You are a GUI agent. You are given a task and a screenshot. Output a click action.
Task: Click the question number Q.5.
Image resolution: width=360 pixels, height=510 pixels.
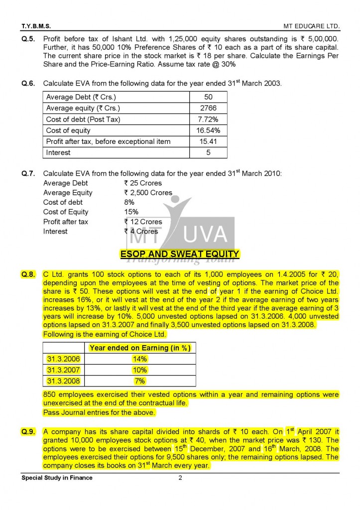(x=28, y=38)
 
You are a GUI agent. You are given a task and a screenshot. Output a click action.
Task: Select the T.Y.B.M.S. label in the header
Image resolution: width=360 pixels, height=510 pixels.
(x=36, y=25)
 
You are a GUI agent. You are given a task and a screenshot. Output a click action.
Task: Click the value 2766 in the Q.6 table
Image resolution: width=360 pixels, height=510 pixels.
(x=208, y=108)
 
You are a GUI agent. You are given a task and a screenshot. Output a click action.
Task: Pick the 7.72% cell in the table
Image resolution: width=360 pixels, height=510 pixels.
(x=208, y=119)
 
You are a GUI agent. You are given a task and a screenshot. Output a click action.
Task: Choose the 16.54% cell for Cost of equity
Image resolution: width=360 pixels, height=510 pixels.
(x=208, y=130)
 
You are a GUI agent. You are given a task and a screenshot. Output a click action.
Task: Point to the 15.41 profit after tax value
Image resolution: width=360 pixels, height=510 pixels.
(x=208, y=141)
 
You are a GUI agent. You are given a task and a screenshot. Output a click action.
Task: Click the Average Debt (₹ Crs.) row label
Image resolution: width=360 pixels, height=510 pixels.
(x=81, y=97)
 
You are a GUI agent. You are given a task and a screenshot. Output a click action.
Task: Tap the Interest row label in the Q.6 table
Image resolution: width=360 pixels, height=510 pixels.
(x=58, y=152)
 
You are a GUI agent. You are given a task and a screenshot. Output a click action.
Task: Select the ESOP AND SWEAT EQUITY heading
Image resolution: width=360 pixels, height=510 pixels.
(x=180, y=255)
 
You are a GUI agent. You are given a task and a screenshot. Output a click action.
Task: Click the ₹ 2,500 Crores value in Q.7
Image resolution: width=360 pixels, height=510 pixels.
(x=148, y=193)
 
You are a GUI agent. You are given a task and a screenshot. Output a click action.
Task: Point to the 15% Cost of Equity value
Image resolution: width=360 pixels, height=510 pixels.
(x=131, y=212)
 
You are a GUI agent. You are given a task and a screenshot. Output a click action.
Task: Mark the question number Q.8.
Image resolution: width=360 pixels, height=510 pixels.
(x=28, y=274)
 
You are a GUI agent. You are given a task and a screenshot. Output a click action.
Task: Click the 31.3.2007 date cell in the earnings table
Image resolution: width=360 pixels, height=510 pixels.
(x=63, y=370)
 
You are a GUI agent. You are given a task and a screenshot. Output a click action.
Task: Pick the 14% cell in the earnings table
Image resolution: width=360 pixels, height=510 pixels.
(x=140, y=359)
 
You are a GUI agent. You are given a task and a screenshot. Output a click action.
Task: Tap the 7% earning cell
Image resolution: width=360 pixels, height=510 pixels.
(x=140, y=381)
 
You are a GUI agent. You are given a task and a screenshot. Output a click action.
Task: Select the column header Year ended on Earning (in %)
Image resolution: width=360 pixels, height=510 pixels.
(x=140, y=348)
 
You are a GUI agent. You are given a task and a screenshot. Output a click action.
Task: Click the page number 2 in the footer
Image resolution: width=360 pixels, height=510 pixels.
(x=180, y=478)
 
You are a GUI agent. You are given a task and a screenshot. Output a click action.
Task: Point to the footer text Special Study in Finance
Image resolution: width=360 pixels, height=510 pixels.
(x=57, y=478)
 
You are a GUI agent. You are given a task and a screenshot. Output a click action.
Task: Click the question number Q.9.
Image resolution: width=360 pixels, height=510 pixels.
(x=28, y=432)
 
